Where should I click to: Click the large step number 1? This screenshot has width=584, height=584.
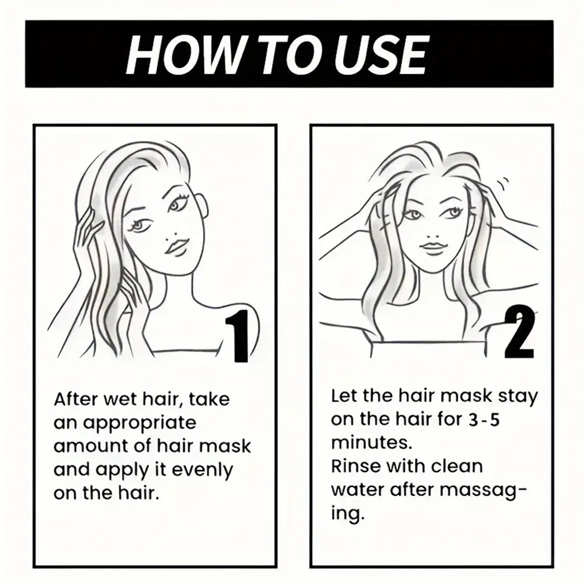(235, 336)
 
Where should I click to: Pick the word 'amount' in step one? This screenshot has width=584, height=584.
(91, 447)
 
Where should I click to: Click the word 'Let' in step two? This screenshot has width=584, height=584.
(343, 397)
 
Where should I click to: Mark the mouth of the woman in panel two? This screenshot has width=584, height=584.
(432, 247)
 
